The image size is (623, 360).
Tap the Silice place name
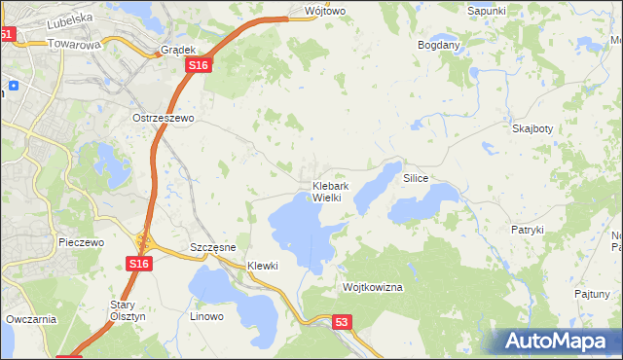tap(416, 179)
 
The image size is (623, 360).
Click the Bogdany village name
tap(438, 45)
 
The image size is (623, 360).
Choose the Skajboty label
tap(531, 127)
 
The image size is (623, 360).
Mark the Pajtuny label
tap(592, 293)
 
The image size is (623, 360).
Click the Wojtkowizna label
tap(373, 288)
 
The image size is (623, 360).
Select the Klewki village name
tap(263, 266)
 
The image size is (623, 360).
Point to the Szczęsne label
tap(213, 248)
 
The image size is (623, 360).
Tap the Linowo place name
tap(206, 316)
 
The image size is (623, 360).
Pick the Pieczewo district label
tap(81, 242)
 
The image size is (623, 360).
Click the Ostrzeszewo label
tap(165, 117)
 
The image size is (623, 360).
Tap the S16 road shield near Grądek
tap(198, 65)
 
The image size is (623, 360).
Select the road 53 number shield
tap(341, 321)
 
